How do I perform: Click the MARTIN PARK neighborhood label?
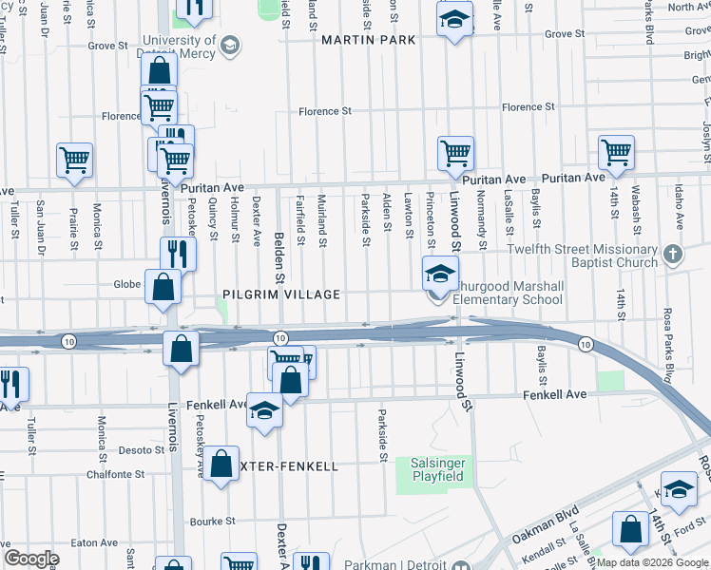tap(369, 40)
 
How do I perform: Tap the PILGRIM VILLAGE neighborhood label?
tap(281, 294)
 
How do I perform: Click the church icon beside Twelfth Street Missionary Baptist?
tap(673, 255)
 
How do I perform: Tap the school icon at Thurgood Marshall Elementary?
tap(439, 275)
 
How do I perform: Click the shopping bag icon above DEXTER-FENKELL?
tap(221, 465)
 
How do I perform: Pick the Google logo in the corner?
tap(32, 559)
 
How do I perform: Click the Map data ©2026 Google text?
tap(651, 562)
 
